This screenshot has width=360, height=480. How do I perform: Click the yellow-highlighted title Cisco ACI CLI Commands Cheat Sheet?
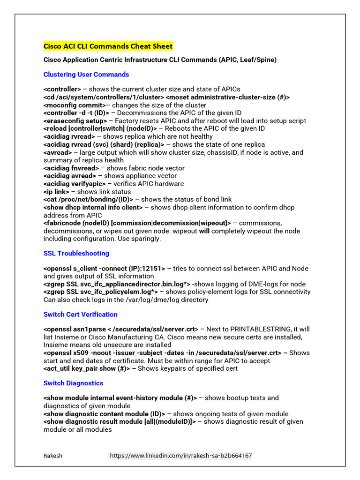[x=108, y=46]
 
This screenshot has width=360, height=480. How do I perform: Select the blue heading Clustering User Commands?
[x=86, y=75]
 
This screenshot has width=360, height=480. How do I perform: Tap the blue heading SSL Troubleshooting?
[x=76, y=253]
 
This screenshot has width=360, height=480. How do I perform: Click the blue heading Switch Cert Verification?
[x=80, y=314]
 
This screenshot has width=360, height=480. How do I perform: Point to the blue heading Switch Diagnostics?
[x=73, y=383]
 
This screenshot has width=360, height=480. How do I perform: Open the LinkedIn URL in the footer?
[x=180, y=456]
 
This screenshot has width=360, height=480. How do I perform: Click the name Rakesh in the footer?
[x=53, y=456]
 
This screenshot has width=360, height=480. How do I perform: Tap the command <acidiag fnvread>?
[x=71, y=168]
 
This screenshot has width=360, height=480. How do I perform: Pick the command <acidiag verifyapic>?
[x=74, y=184]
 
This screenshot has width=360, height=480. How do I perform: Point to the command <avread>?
[x=58, y=152]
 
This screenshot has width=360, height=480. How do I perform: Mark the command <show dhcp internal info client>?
[x=93, y=207]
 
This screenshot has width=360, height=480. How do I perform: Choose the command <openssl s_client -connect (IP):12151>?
[x=104, y=269]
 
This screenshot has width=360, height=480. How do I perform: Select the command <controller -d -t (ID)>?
[x=76, y=113]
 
